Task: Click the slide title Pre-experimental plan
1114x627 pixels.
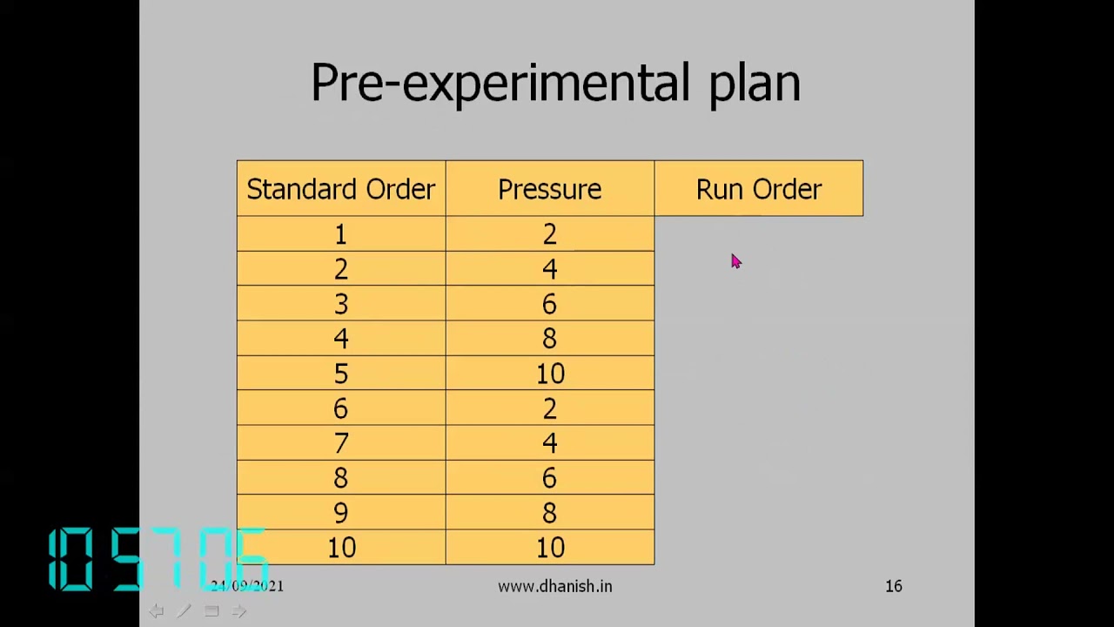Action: [555, 84]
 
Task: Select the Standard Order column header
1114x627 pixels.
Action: [340, 189]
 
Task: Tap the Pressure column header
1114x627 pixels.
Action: [549, 189]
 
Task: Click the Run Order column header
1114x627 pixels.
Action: [758, 189]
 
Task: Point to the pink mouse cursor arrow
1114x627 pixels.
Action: [735, 261]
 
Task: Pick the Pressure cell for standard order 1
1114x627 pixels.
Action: [549, 234]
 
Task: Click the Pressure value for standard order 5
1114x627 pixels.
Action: [549, 374]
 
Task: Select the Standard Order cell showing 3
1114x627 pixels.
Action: [340, 304]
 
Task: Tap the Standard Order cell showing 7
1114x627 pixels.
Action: [340, 443]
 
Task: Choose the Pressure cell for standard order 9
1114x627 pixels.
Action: [549, 513]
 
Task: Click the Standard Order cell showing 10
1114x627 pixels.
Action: [340, 548]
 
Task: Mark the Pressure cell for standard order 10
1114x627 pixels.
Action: [549, 548]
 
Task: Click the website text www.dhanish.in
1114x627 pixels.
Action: [554, 586]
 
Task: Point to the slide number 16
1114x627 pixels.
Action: [894, 586]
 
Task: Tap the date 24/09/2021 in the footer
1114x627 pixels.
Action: [247, 586]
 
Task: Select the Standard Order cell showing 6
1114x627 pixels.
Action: [340, 408]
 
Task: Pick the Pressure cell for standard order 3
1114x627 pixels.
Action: [549, 304]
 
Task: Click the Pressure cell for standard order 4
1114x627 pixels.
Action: [549, 339]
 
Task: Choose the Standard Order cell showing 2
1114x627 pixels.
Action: [340, 269]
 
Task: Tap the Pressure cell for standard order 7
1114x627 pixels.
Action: [549, 443]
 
